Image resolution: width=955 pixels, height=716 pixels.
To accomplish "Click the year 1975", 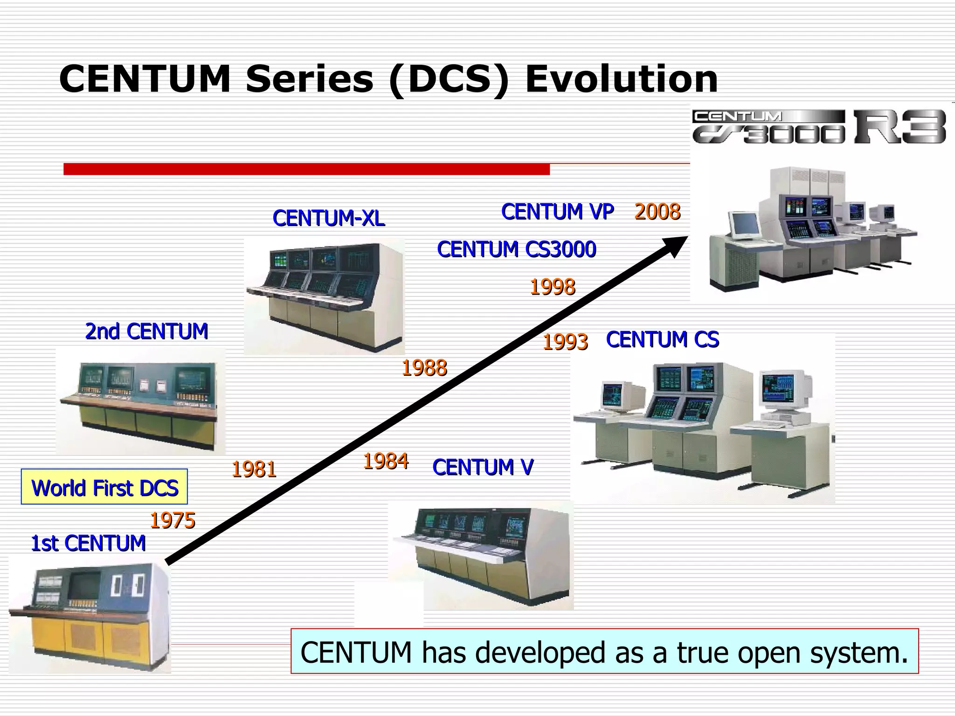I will click(x=172, y=521).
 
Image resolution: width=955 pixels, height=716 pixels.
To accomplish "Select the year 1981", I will click(x=254, y=469).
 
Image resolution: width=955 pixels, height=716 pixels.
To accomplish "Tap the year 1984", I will click(x=386, y=461).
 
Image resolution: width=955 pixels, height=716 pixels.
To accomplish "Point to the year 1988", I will click(x=424, y=368).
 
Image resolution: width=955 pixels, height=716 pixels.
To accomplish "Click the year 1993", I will click(x=565, y=342).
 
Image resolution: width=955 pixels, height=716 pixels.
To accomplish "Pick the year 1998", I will click(x=552, y=287).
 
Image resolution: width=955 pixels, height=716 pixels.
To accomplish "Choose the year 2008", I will click(x=657, y=212).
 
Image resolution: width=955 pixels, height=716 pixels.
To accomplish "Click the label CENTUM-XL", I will click(x=329, y=218).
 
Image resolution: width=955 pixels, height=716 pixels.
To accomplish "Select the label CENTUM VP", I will click(x=557, y=212).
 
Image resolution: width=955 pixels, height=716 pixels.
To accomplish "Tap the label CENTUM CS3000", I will click(x=516, y=249).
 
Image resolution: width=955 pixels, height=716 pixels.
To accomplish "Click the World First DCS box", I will click(x=104, y=488).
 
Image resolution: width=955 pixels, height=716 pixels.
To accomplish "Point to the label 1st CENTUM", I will click(x=88, y=544).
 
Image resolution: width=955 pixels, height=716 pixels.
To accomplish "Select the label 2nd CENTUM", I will click(x=146, y=331).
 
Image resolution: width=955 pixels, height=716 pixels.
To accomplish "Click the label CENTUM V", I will click(x=483, y=467).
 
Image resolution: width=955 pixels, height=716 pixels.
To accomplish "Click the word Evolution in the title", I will click(x=621, y=79).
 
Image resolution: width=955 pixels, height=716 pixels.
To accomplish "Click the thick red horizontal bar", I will click(x=306, y=169).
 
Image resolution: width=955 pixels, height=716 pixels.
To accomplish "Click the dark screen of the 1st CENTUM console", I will click(x=84, y=585).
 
